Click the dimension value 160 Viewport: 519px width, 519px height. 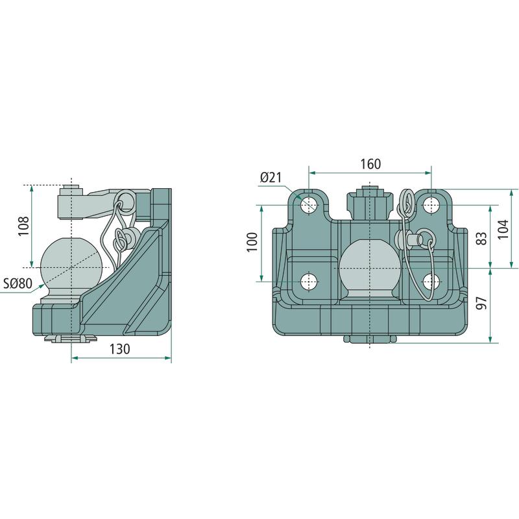tap(370, 164)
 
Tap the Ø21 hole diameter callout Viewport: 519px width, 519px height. tap(271, 178)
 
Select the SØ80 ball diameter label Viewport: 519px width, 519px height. tap(18, 284)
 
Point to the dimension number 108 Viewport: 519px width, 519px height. tap(24, 226)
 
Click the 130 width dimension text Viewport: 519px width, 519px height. tap(120, 349)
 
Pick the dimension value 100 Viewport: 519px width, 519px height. tap(252, 242)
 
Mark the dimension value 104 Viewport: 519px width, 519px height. tap(503, 229)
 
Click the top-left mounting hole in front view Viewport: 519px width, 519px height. tap(309, 205)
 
